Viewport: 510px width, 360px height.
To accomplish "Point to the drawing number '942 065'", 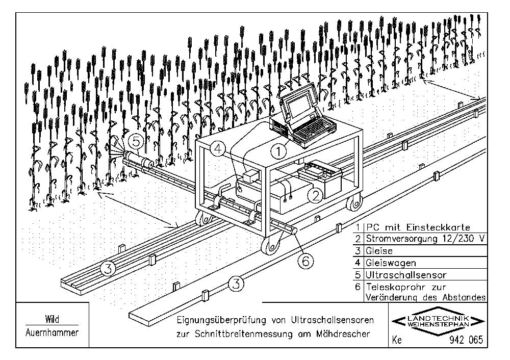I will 466,340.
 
